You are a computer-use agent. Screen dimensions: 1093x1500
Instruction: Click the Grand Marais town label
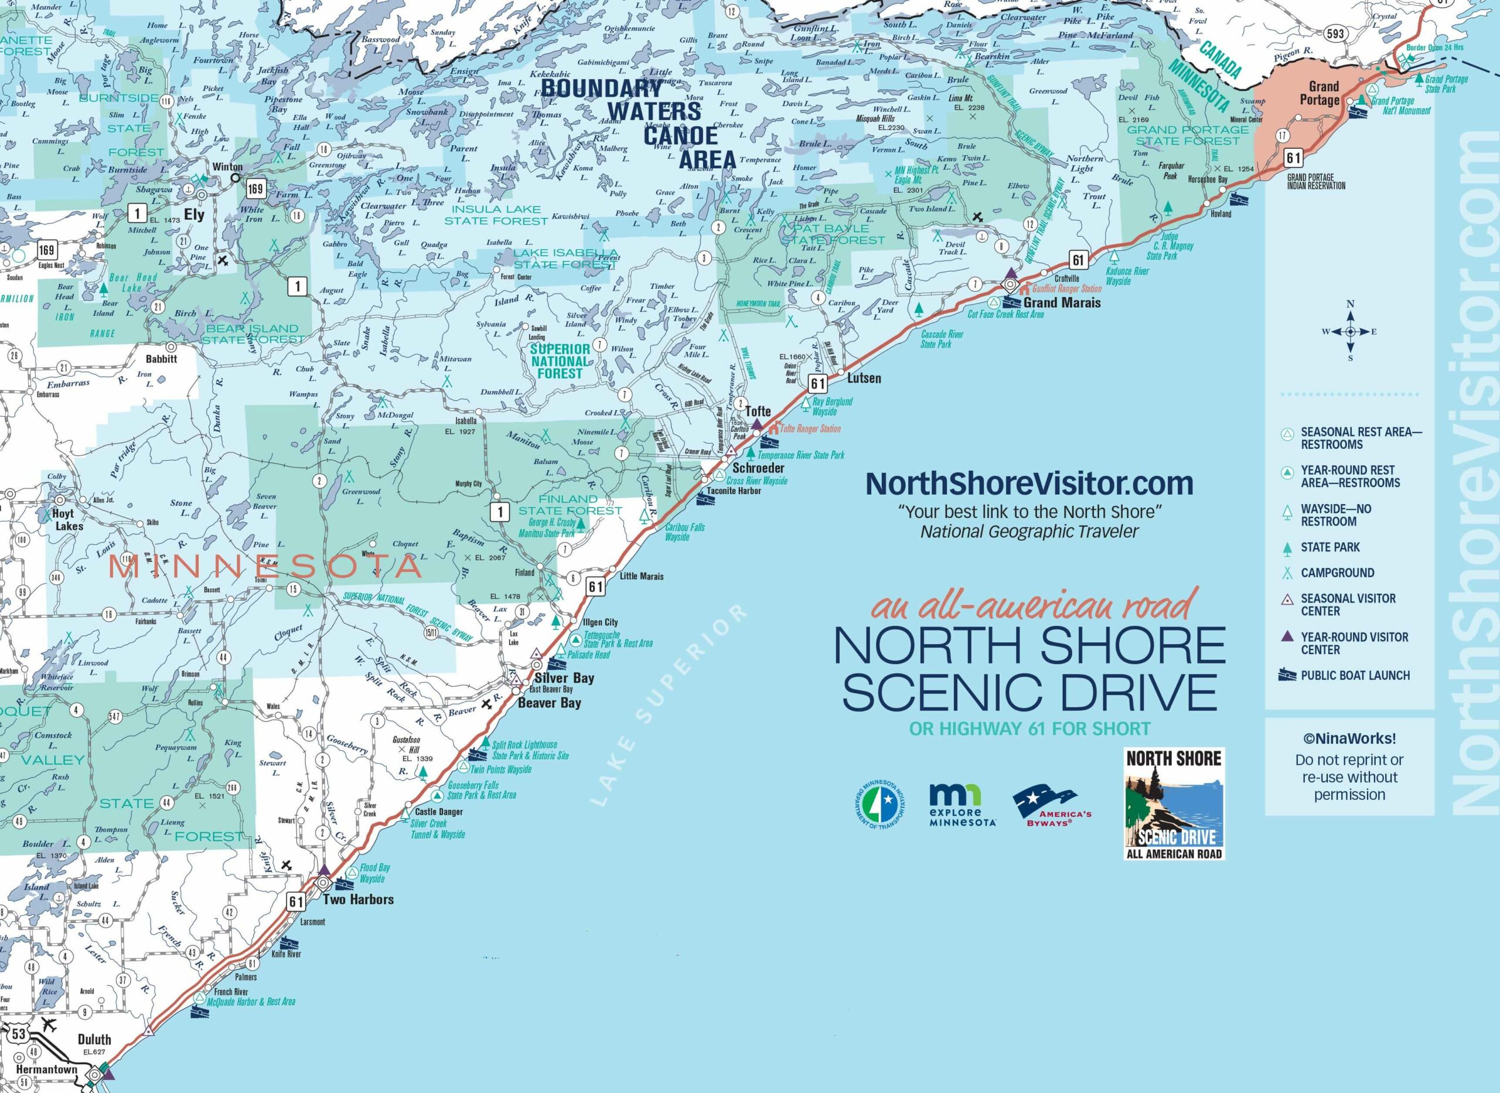pos(1062,302)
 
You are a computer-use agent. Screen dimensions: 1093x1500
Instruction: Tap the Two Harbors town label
pos(358,899)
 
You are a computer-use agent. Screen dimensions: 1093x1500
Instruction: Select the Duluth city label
pos(94,1038)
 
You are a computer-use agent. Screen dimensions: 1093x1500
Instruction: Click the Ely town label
pos(194,215)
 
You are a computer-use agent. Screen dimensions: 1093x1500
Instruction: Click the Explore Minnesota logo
pos(962,805)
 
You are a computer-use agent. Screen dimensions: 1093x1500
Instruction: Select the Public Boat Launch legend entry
pos(1355,676)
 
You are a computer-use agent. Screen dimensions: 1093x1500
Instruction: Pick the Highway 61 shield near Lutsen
pos(817,383)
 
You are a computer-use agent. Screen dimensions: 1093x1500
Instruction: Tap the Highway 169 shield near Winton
pos(255,189)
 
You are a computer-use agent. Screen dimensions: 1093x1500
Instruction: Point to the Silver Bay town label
pos(564,677)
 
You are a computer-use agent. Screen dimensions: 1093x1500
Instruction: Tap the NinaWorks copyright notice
pos(1349,767)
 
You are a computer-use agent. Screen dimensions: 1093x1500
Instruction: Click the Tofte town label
pos(758,411)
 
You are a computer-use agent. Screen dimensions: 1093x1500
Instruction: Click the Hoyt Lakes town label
pos(69,519)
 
